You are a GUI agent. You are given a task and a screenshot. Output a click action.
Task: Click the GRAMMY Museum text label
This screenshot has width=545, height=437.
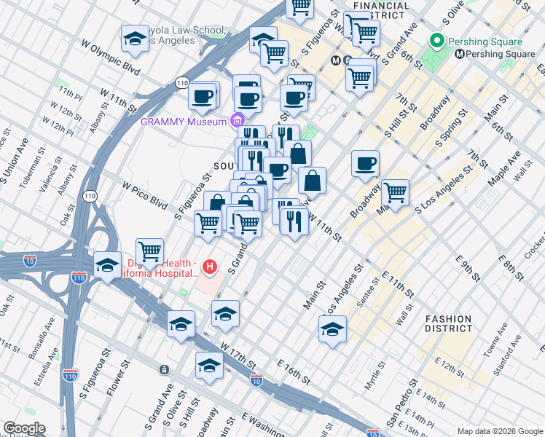184,122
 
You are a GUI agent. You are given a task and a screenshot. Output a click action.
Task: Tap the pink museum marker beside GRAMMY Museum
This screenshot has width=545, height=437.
238,120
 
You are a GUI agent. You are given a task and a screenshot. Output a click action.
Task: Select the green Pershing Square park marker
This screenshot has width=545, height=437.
437,40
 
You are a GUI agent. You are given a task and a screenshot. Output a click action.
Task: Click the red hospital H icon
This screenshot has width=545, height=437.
211,267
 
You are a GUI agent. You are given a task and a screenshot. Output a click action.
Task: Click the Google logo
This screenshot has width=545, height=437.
23,429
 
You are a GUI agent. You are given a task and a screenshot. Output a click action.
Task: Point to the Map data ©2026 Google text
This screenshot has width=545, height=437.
500,431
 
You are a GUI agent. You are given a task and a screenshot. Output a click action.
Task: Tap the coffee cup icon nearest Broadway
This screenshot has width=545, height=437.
365,164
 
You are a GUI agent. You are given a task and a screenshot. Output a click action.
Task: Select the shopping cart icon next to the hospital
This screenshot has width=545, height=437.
149,252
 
